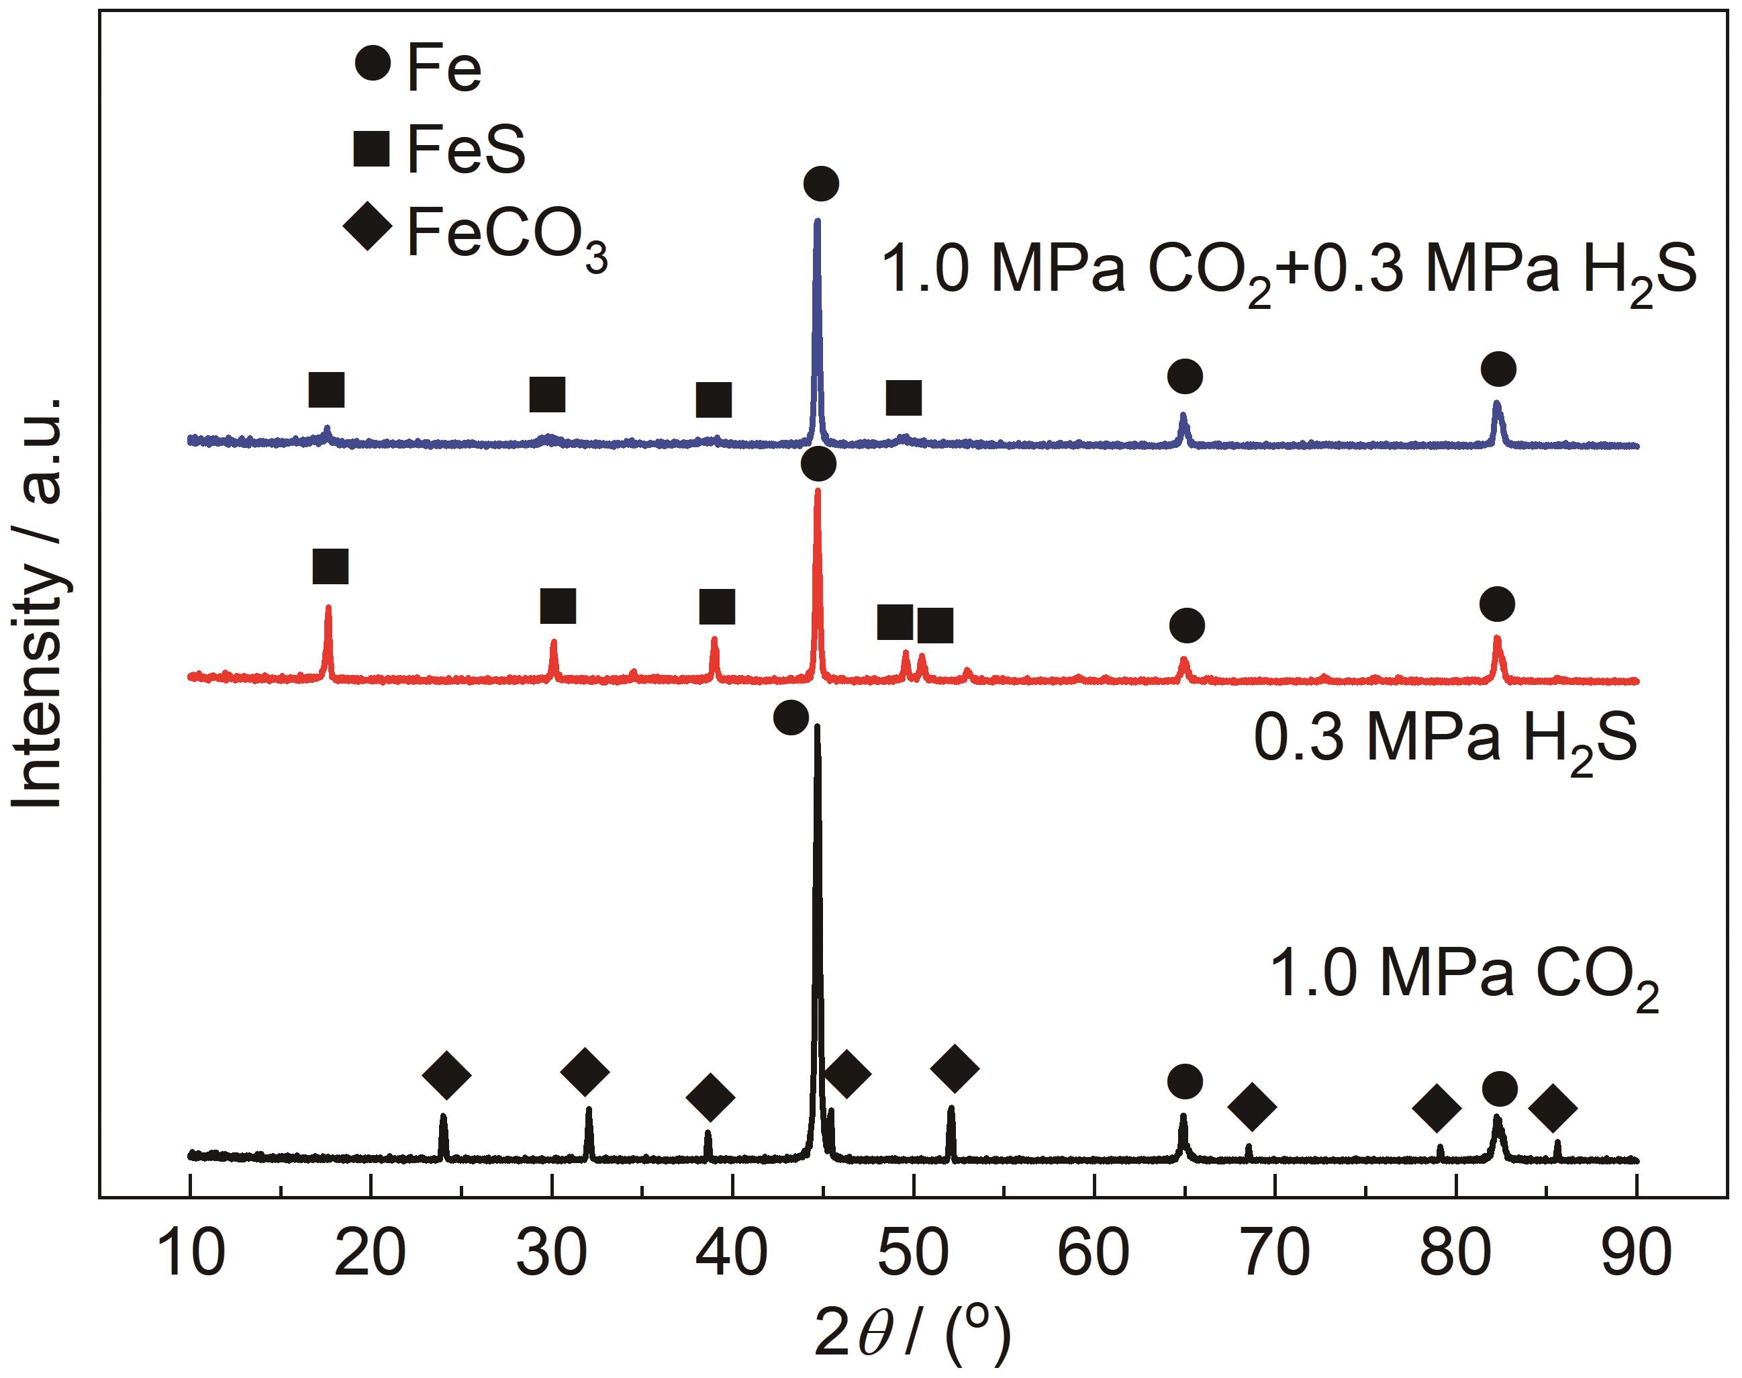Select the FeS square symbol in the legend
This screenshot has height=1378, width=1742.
coord(372,148)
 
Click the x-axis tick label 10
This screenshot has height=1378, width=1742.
coord(191,1255)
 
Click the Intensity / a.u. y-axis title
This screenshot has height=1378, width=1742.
coord(39,602)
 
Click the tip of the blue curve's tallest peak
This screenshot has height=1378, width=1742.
coord(818,220)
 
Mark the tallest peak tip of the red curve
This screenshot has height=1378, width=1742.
coord(818,490)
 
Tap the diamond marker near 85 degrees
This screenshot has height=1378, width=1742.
coord(1553,1108)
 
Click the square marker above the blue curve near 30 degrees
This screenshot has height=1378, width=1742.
coord(548,394)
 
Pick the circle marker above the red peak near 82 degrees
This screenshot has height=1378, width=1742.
coord(1497,604)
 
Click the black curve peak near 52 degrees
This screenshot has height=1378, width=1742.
coord(951,1108)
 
